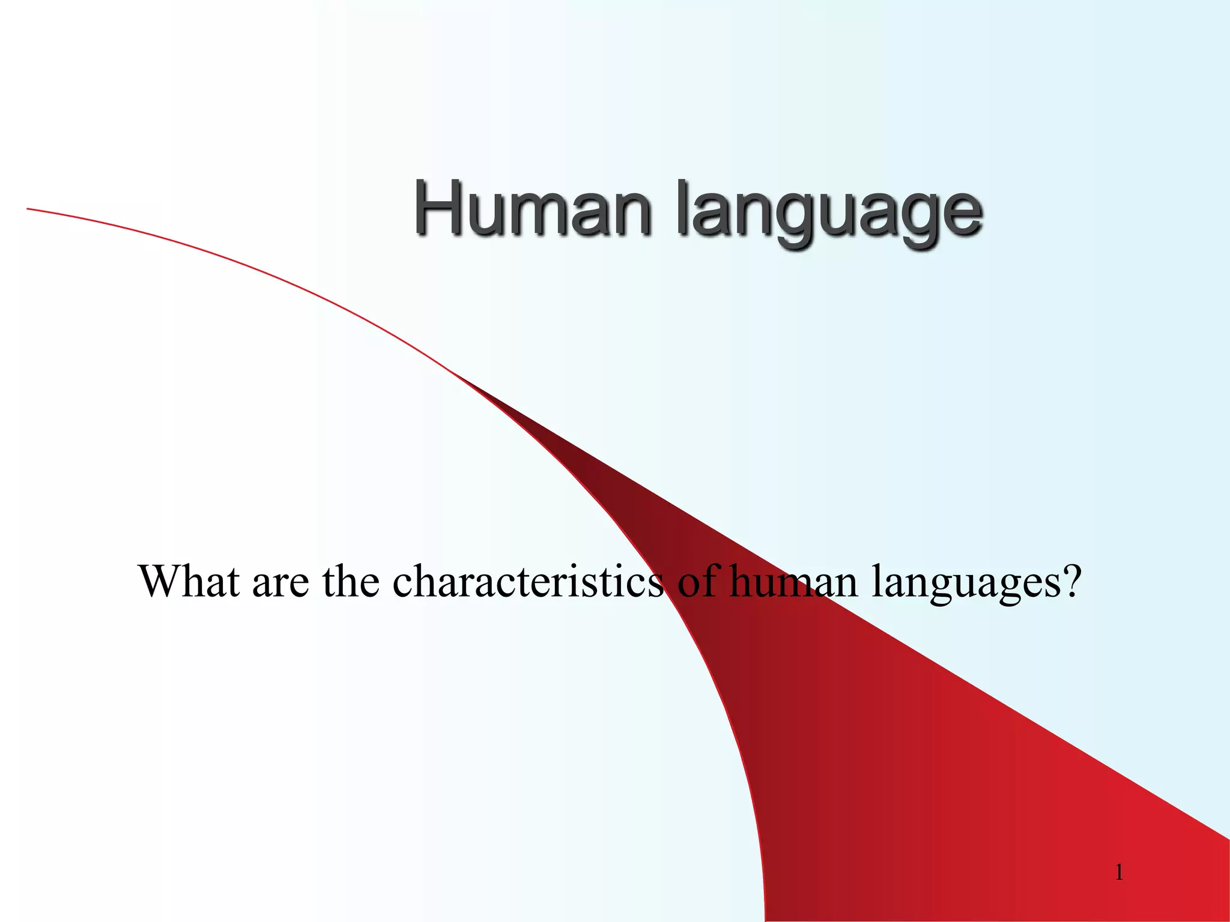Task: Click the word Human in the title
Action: click(532, 210)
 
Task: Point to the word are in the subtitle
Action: click(280, 583)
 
